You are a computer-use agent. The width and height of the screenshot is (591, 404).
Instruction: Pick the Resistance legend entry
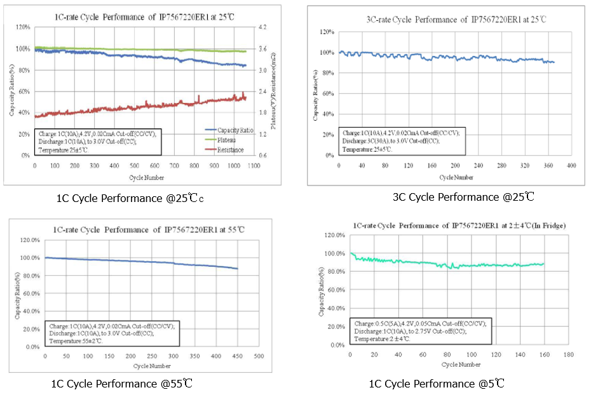pos(229,150)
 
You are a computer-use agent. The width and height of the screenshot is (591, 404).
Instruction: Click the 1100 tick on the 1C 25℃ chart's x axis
pos(253,165)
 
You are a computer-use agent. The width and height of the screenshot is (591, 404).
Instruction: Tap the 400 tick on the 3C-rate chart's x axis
pos(571,165)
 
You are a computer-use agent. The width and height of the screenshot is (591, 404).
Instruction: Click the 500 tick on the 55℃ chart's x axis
pos(259,357)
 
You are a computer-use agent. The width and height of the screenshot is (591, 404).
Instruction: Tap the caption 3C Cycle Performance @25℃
pos(463,197)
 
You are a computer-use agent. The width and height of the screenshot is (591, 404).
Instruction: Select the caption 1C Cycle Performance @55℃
pos(122,384)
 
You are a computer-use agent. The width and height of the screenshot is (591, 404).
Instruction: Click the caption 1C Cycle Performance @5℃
pos(437,384)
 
